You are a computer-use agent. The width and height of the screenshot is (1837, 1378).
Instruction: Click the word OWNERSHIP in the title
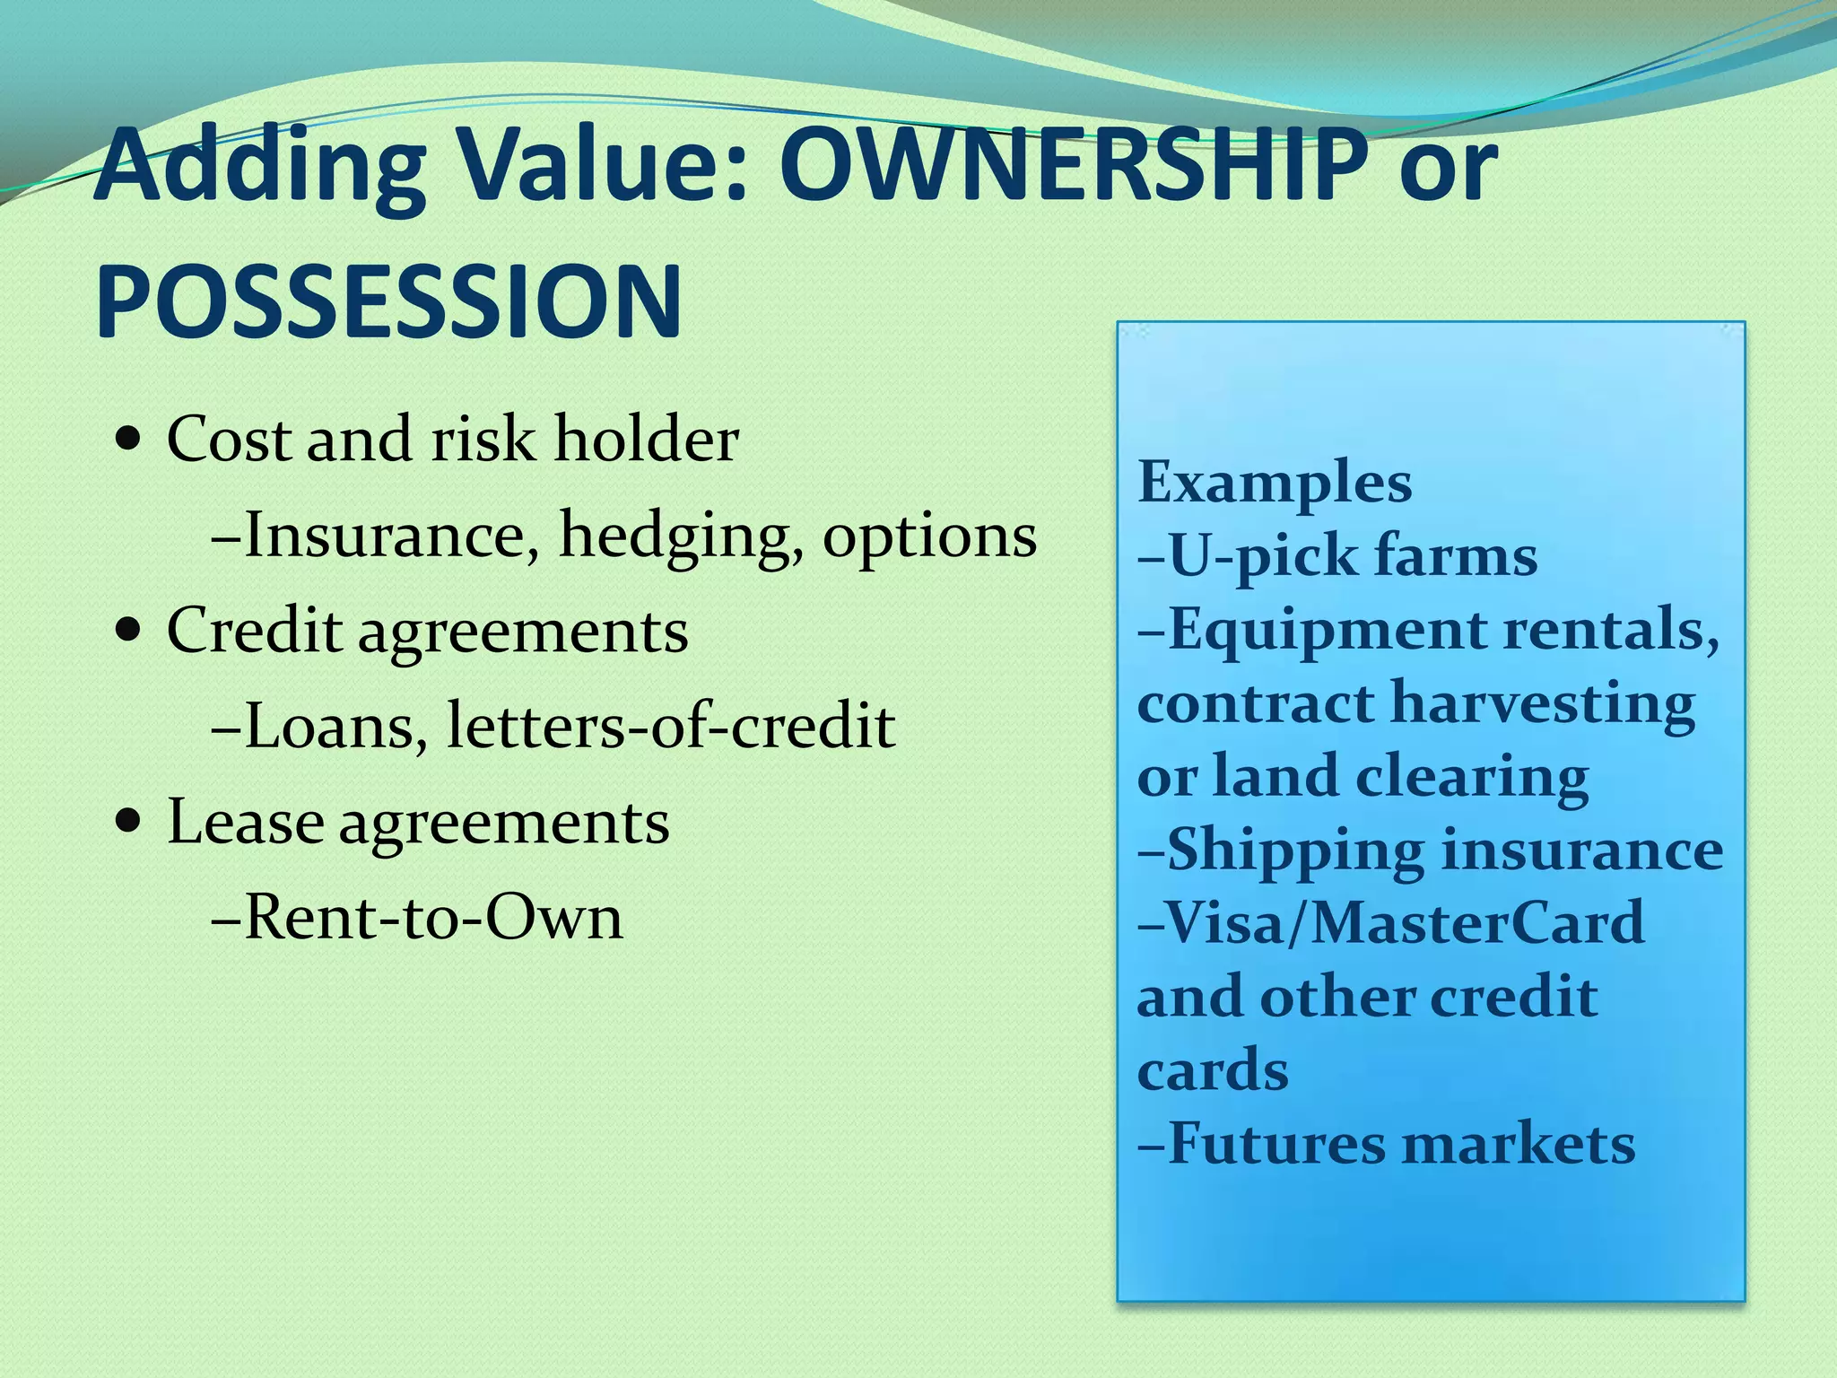click(x=1073, y=166)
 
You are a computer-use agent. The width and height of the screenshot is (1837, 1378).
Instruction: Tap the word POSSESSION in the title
click(x=388, y=302)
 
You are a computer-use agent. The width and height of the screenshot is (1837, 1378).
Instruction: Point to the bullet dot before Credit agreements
click(x=129, y=630)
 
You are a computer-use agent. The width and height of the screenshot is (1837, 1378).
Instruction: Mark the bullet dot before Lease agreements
click(x=129, y=820)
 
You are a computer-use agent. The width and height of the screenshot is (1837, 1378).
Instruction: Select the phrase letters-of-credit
click(x=671, y=725)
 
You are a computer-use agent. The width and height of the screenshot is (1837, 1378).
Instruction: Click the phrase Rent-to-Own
click(x=432, y=917)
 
